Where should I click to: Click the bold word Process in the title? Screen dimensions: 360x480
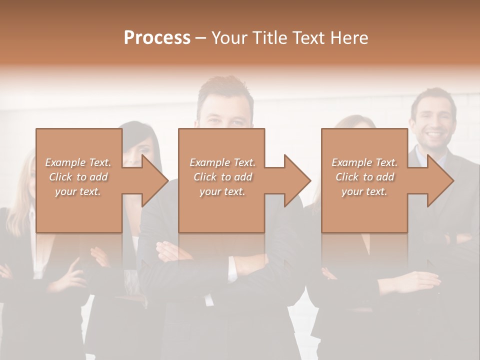(157, 38)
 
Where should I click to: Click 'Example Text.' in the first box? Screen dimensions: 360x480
(78, 162)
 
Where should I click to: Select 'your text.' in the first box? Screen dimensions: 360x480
(78, 191)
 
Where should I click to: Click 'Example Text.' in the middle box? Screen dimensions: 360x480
(222, 162)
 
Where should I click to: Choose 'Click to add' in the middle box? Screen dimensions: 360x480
(222, 177)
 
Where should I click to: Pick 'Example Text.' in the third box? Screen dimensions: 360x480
(364, 162)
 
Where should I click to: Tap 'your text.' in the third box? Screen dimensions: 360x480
(364, 191)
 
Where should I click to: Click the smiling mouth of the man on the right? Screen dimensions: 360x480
(433, 135)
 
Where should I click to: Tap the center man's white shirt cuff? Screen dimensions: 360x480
(232, 270)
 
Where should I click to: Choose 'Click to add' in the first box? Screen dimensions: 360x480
(78, 177)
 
